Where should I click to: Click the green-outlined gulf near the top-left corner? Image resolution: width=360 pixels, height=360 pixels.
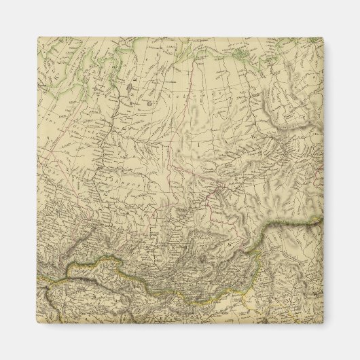click(x=75, y=68)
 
